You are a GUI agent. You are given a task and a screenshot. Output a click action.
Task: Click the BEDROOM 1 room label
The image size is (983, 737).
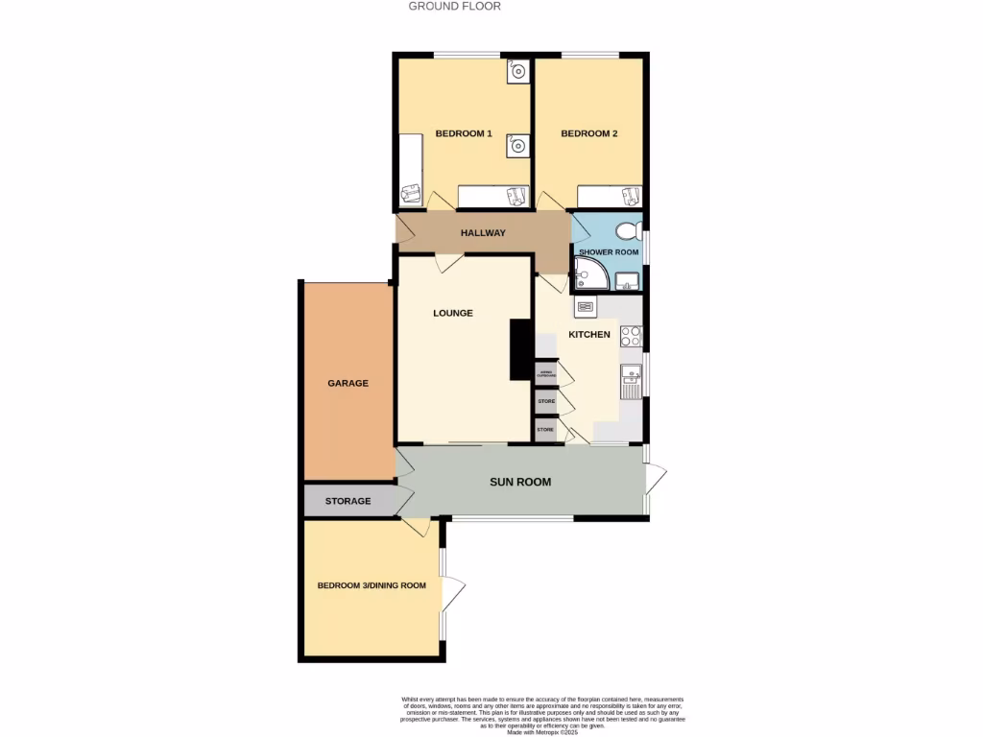point(464,133)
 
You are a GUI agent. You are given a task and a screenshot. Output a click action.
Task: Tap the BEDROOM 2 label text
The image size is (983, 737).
point(588,133)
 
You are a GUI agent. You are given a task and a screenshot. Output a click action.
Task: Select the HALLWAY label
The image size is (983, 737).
point(483,233)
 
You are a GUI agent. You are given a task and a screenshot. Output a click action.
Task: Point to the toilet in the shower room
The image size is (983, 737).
point(629,231)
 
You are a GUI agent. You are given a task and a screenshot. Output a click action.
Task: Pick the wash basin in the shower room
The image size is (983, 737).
point(629,281)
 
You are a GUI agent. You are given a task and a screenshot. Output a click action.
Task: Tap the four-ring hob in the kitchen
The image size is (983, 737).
point(631,336)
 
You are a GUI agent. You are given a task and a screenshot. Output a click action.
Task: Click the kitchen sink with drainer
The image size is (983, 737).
point(630,381)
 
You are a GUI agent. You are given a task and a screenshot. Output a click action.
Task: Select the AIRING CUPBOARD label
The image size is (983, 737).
point(545,372)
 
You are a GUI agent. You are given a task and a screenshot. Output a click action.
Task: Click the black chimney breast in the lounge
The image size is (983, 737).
point(521,349)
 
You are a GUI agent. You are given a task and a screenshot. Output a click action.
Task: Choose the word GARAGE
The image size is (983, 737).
point(348,383)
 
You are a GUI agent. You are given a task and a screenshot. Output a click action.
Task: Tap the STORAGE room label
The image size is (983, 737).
point(348,501)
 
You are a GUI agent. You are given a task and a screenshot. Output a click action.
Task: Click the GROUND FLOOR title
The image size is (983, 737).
point(454,6)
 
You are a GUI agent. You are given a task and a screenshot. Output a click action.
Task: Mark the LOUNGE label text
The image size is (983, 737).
point(452,313)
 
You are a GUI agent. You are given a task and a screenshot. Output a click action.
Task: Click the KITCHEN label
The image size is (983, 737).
point(589,334)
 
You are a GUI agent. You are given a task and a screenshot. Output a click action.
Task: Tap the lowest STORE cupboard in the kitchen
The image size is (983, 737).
point(545,430)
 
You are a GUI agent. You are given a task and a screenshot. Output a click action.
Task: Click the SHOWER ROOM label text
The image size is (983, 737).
point(608,252)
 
